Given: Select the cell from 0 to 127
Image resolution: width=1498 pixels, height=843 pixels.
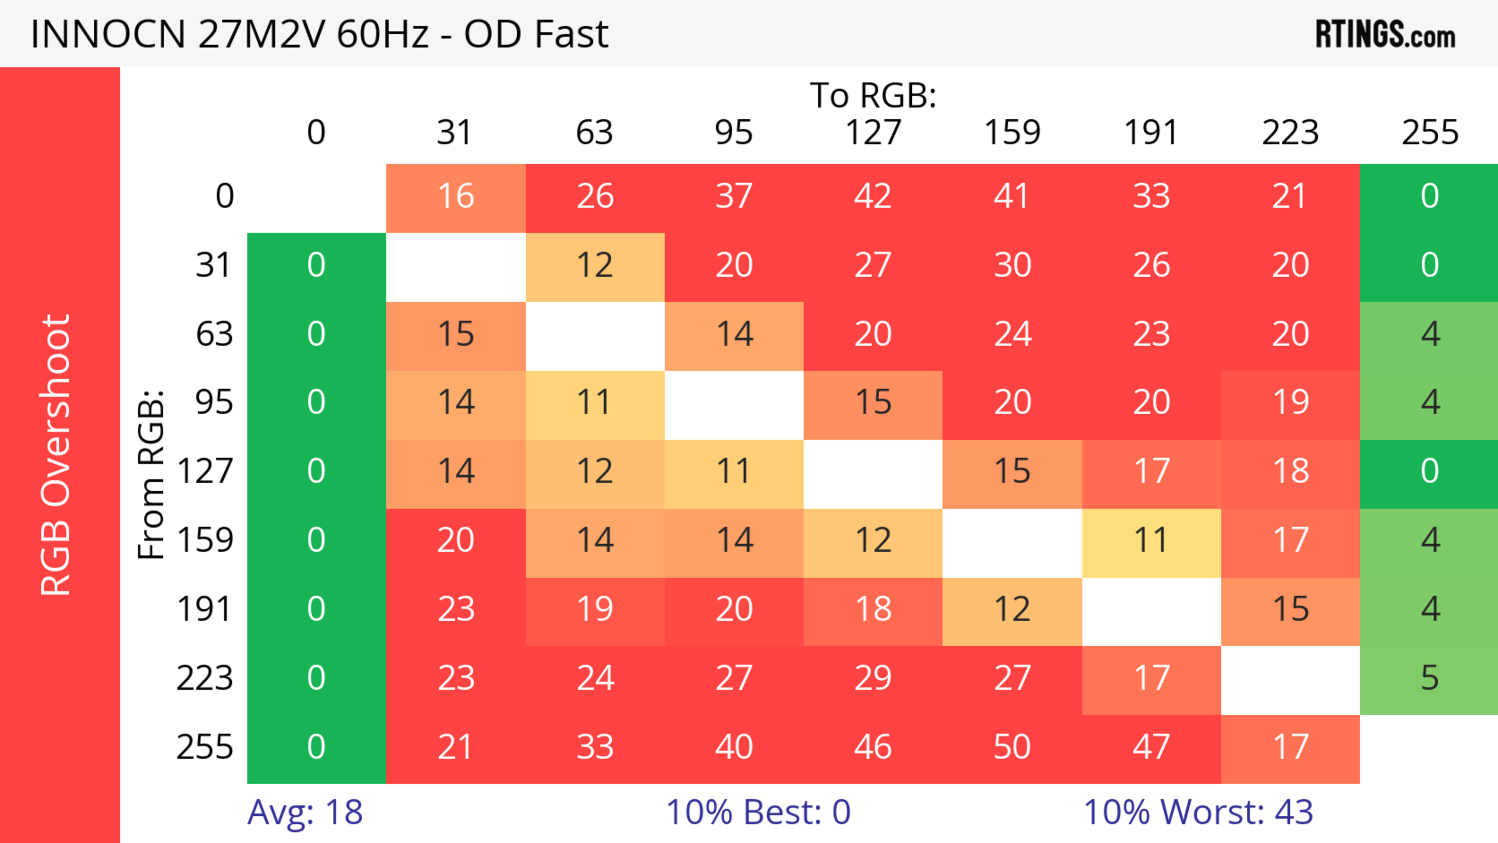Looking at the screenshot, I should pos(873,197).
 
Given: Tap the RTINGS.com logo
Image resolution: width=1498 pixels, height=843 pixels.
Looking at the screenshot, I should pos(1385,34).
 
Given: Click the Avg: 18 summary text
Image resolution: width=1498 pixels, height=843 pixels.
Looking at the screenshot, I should pos(305,812).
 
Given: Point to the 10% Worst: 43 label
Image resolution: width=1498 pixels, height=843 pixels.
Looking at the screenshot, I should pos(1198,812).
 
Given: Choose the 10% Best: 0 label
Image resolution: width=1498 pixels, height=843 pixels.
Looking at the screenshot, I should pos(758,812).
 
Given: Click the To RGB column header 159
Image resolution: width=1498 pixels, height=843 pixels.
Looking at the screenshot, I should pos(1012,133).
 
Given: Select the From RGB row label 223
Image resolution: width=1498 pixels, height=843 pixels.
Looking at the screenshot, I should pos(205,678).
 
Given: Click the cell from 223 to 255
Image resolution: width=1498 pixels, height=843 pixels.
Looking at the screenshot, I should pos(1429,678).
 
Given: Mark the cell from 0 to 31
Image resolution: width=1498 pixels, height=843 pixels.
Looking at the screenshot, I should pos(456,197).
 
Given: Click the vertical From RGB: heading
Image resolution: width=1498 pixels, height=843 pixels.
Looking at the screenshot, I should pos(151,474).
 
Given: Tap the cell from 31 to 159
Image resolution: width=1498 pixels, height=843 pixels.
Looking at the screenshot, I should pos(1012,266).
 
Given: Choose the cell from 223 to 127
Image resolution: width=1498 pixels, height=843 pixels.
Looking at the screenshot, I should pos(873,678).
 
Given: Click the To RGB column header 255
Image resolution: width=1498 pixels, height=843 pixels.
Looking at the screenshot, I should pos(1429,133).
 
